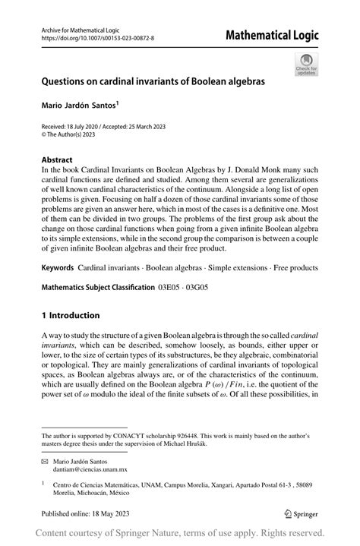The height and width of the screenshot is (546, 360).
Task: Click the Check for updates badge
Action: pyautogui.click(x=305, y=65)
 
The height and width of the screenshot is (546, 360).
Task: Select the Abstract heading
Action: pyautogui.click(x=58, y=161)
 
